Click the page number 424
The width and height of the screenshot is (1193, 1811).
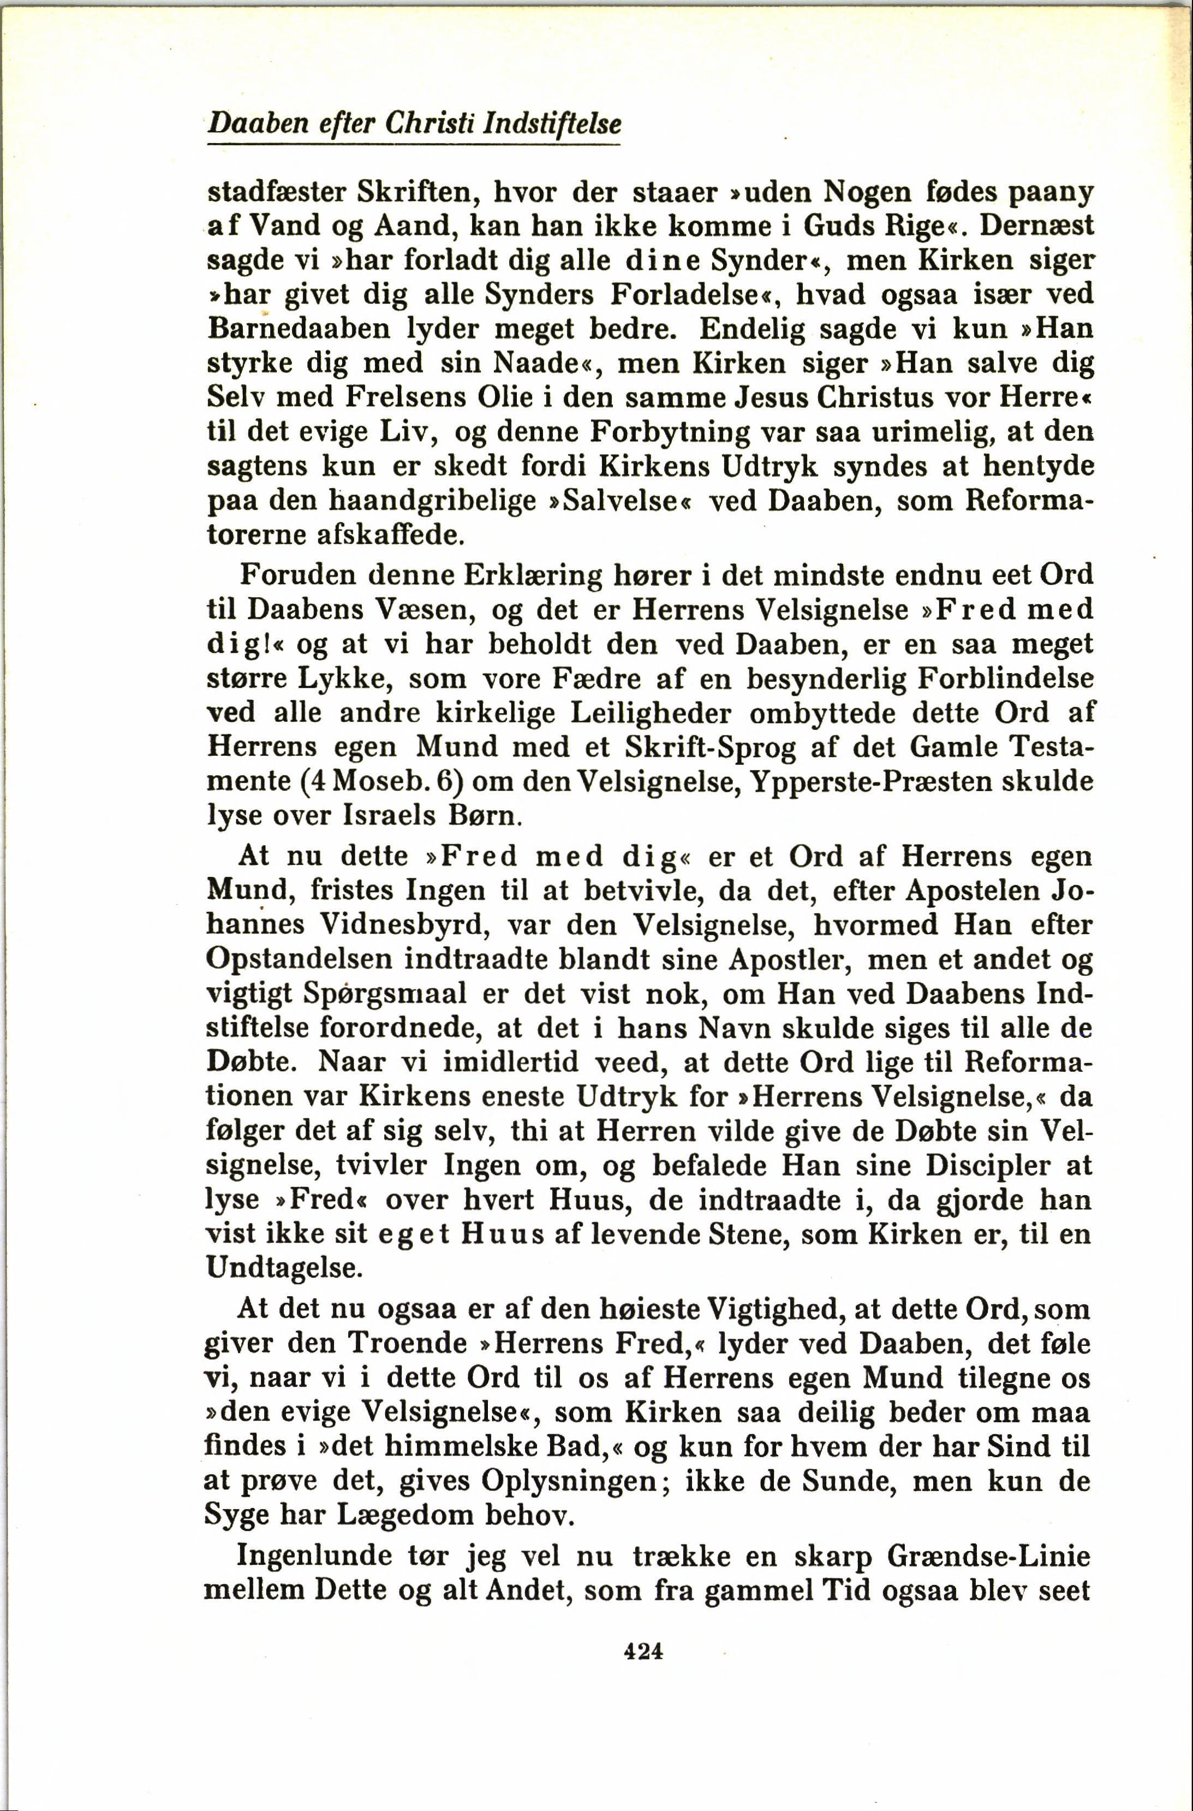pos(643,1650)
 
